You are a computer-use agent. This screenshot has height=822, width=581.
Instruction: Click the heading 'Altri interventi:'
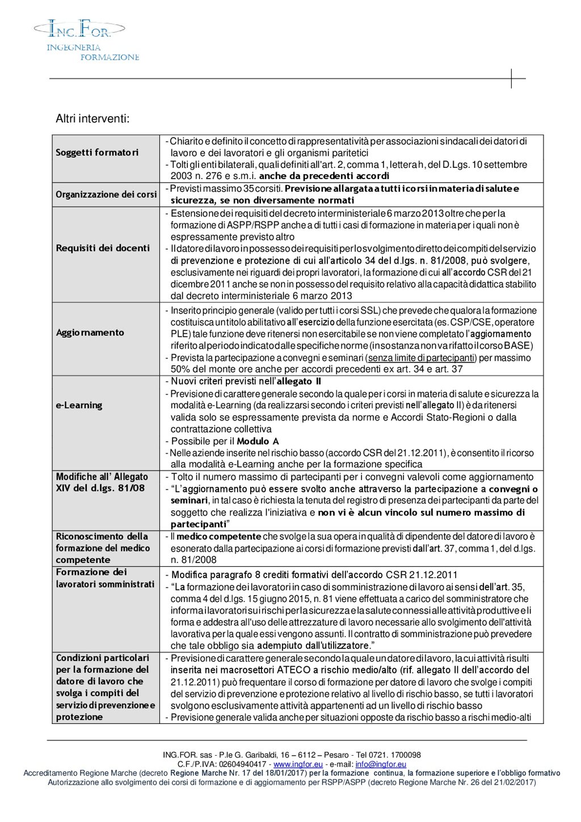tap(92, 119)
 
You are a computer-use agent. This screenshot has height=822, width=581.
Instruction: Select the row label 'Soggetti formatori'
tap(97, 152)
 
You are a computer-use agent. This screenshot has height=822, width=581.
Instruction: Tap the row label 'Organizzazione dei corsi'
tap(106, 194)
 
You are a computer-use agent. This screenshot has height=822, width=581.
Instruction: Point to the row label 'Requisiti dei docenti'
tap(103, 248)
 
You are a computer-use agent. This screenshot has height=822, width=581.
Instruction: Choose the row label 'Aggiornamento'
tap(90, 333)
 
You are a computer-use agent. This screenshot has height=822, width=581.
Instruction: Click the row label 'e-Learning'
tap(79, 405)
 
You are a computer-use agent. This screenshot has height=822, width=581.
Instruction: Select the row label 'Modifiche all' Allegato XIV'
tap(102, 482)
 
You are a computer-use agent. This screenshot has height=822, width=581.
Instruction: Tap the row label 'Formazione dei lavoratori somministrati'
tap(105, 578)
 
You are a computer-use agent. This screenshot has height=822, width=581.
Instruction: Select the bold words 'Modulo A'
tap(258, 441)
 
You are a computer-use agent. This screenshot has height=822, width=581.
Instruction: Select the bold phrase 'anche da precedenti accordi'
tap(324, 176)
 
